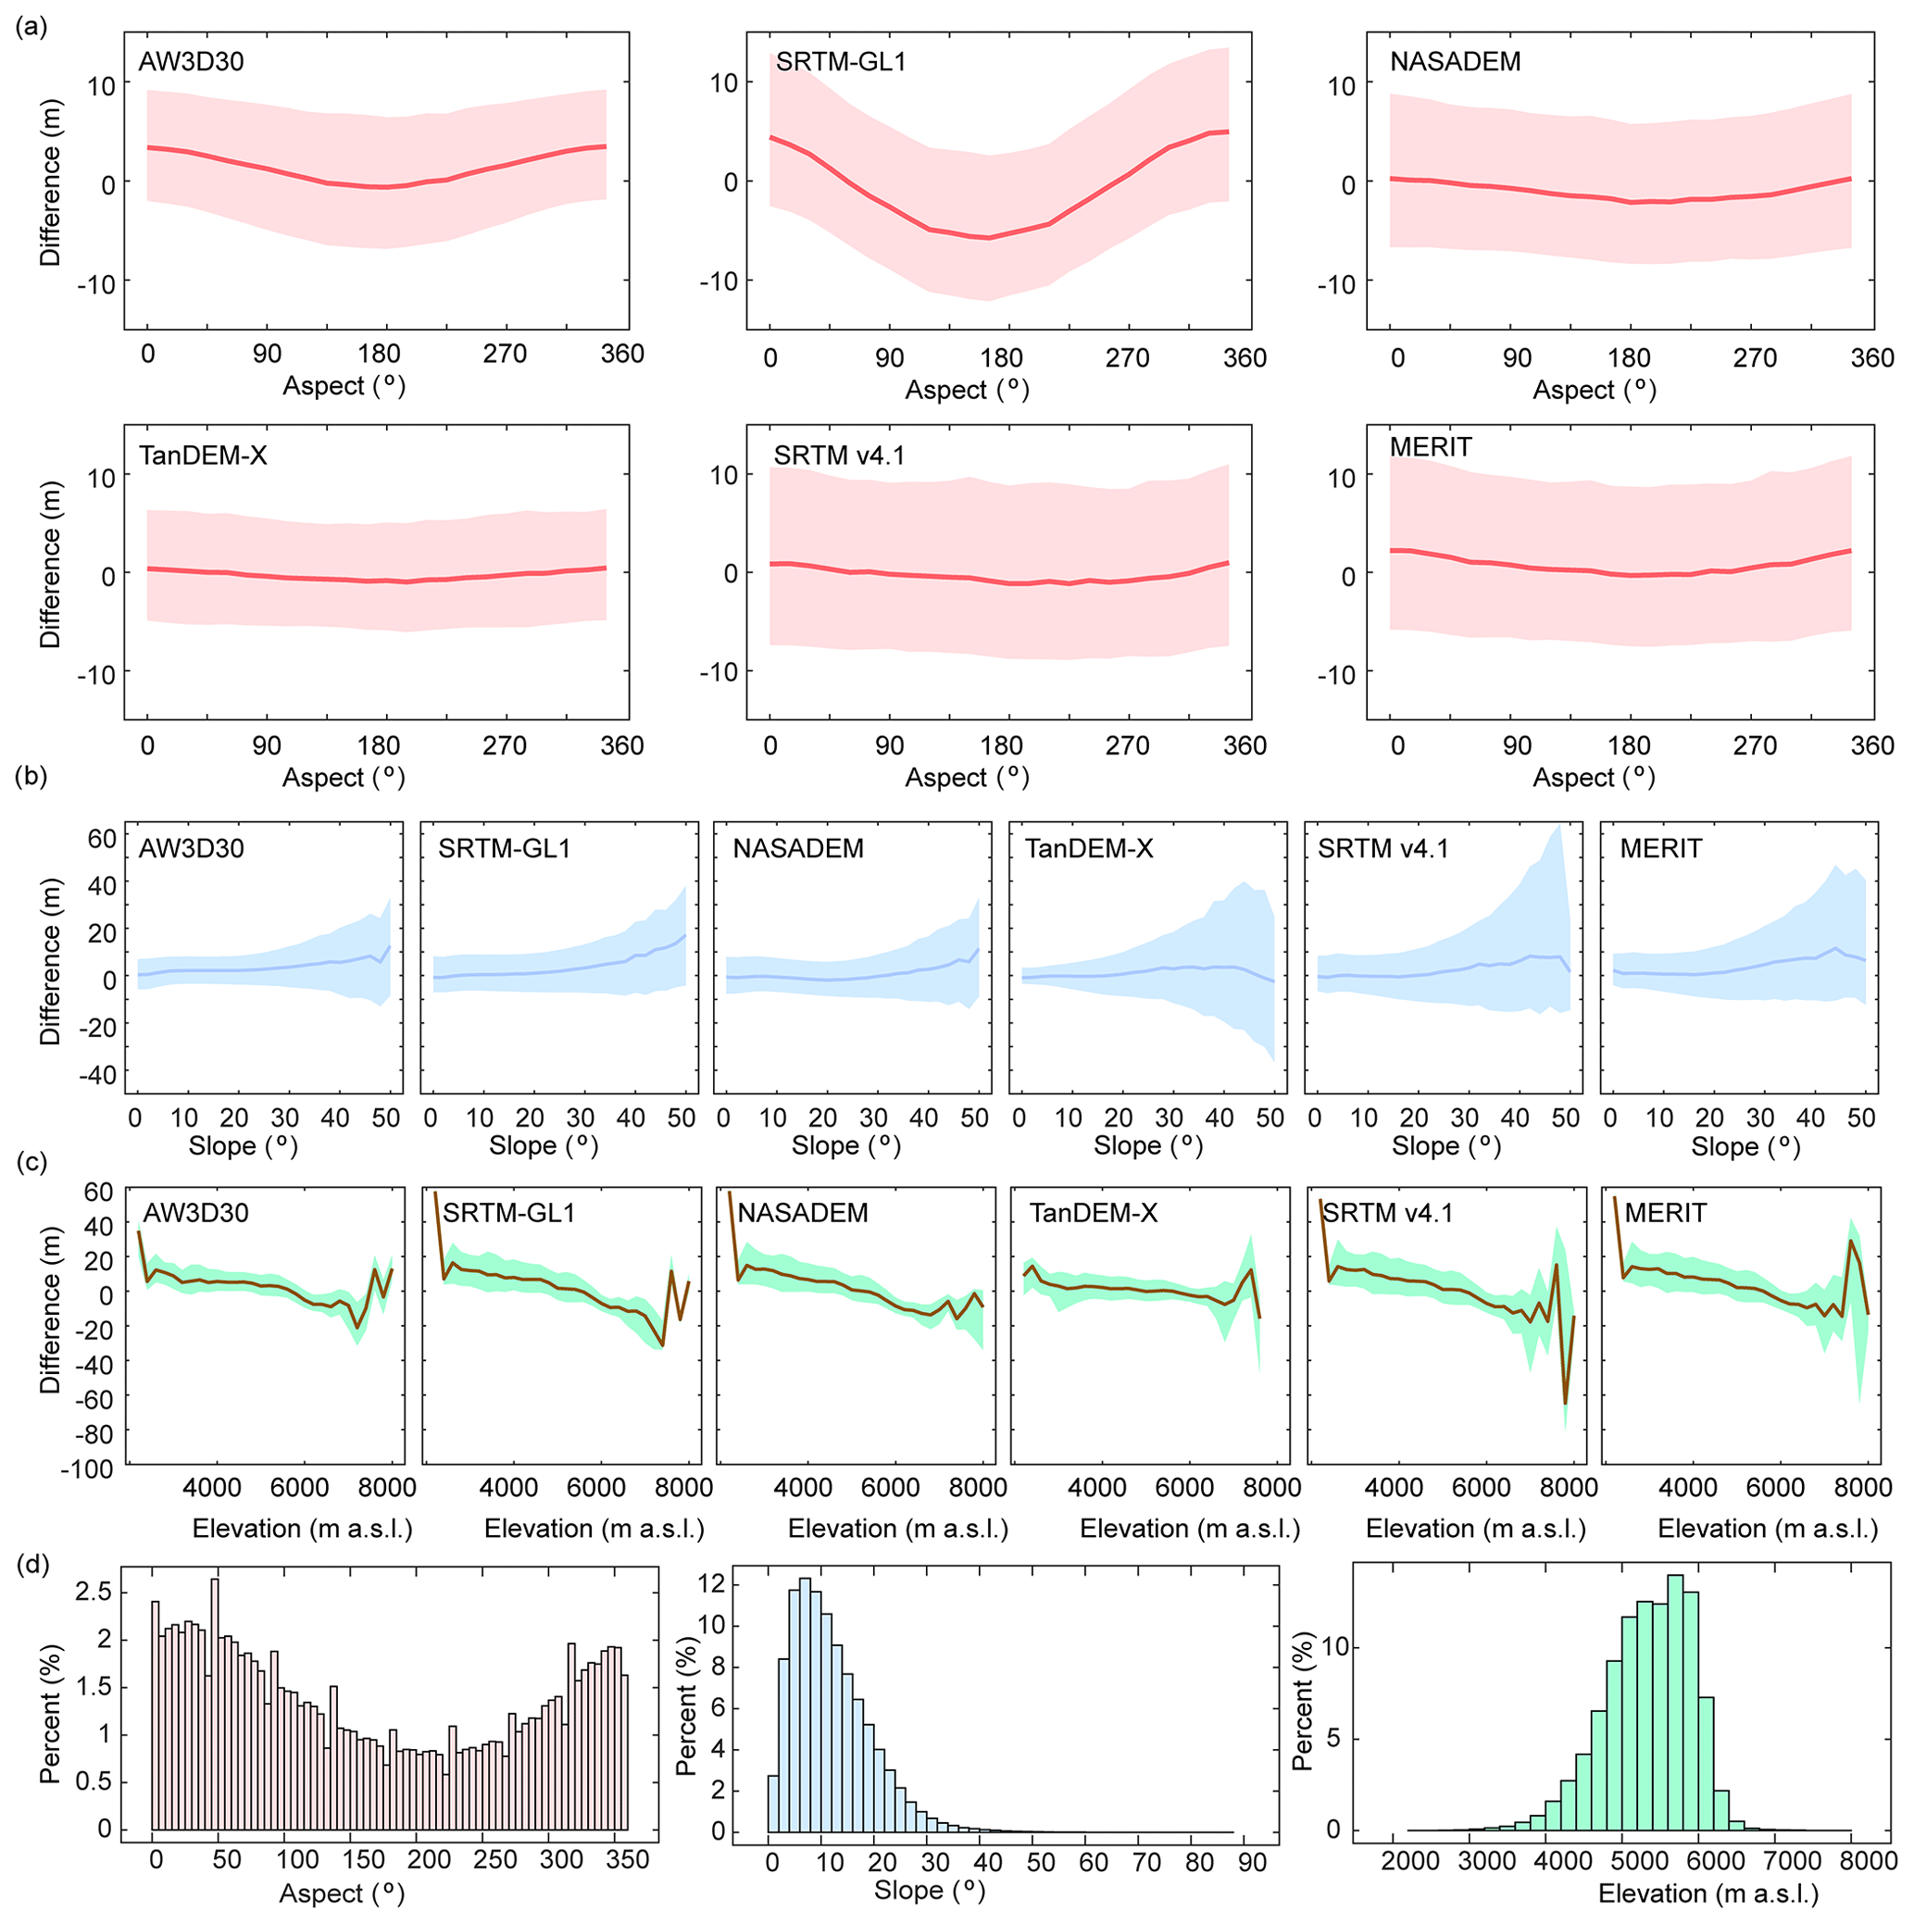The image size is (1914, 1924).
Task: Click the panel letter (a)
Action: [31, 28]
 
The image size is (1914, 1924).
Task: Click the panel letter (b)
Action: [31, 776]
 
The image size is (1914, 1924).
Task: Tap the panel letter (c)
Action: [31, 1161]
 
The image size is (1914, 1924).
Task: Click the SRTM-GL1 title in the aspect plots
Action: [841, 62]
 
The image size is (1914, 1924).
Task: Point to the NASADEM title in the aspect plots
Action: [1455, 62]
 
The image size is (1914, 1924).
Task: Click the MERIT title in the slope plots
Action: [1660, 848]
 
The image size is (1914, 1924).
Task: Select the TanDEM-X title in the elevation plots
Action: [1093, 1213]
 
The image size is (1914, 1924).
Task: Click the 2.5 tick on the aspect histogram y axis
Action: [94, 1593]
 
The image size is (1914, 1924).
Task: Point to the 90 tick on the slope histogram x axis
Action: [1253, 1861]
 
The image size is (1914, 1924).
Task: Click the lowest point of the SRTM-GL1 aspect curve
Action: [988, 238]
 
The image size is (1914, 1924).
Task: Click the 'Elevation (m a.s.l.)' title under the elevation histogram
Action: [1708, 1894]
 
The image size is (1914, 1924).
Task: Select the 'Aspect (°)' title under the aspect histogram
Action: [342, 1893]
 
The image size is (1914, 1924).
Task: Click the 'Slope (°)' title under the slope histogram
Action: [928, 1890]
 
